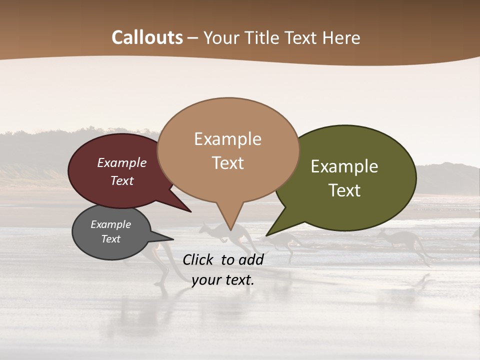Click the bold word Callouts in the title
pos(147,37)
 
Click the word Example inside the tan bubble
pos(227,139)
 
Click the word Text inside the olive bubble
pos(344,190)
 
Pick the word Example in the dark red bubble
pos(122,163)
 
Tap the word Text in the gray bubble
pos(111,239)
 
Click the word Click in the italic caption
pos(198,259)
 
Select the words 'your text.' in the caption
pos(223,280)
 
